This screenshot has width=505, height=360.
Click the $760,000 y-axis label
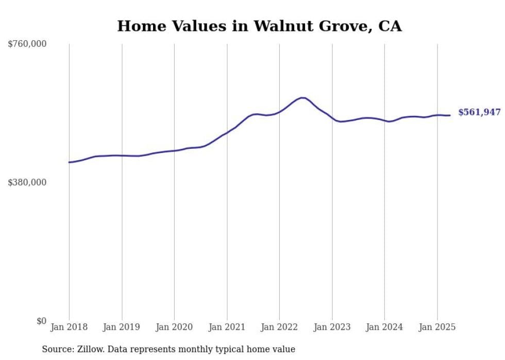pos(27,44)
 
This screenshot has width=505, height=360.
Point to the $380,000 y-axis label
pos(27,182)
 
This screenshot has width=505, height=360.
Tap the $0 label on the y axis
pos(42,321)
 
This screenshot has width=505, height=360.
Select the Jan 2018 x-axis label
pos(69,327)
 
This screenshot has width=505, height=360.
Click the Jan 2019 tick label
pos(122,327)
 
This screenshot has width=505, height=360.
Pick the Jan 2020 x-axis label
pos(174,327)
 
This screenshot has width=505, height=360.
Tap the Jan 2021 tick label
pos(227,327)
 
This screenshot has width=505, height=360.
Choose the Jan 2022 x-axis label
pos(279,327)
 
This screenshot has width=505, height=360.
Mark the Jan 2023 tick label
pos(332,327)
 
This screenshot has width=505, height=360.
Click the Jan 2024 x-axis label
pos(384,327)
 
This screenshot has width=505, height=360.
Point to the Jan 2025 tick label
pos(437,327)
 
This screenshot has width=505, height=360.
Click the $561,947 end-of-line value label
pos(480,112)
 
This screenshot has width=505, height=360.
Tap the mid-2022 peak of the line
pos(302,97)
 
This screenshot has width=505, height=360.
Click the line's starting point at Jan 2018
pos(69,162)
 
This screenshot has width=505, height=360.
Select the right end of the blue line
pos(450,115)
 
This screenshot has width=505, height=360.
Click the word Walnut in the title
pos(283,26)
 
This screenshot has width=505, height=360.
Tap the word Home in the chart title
pos(142,26)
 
